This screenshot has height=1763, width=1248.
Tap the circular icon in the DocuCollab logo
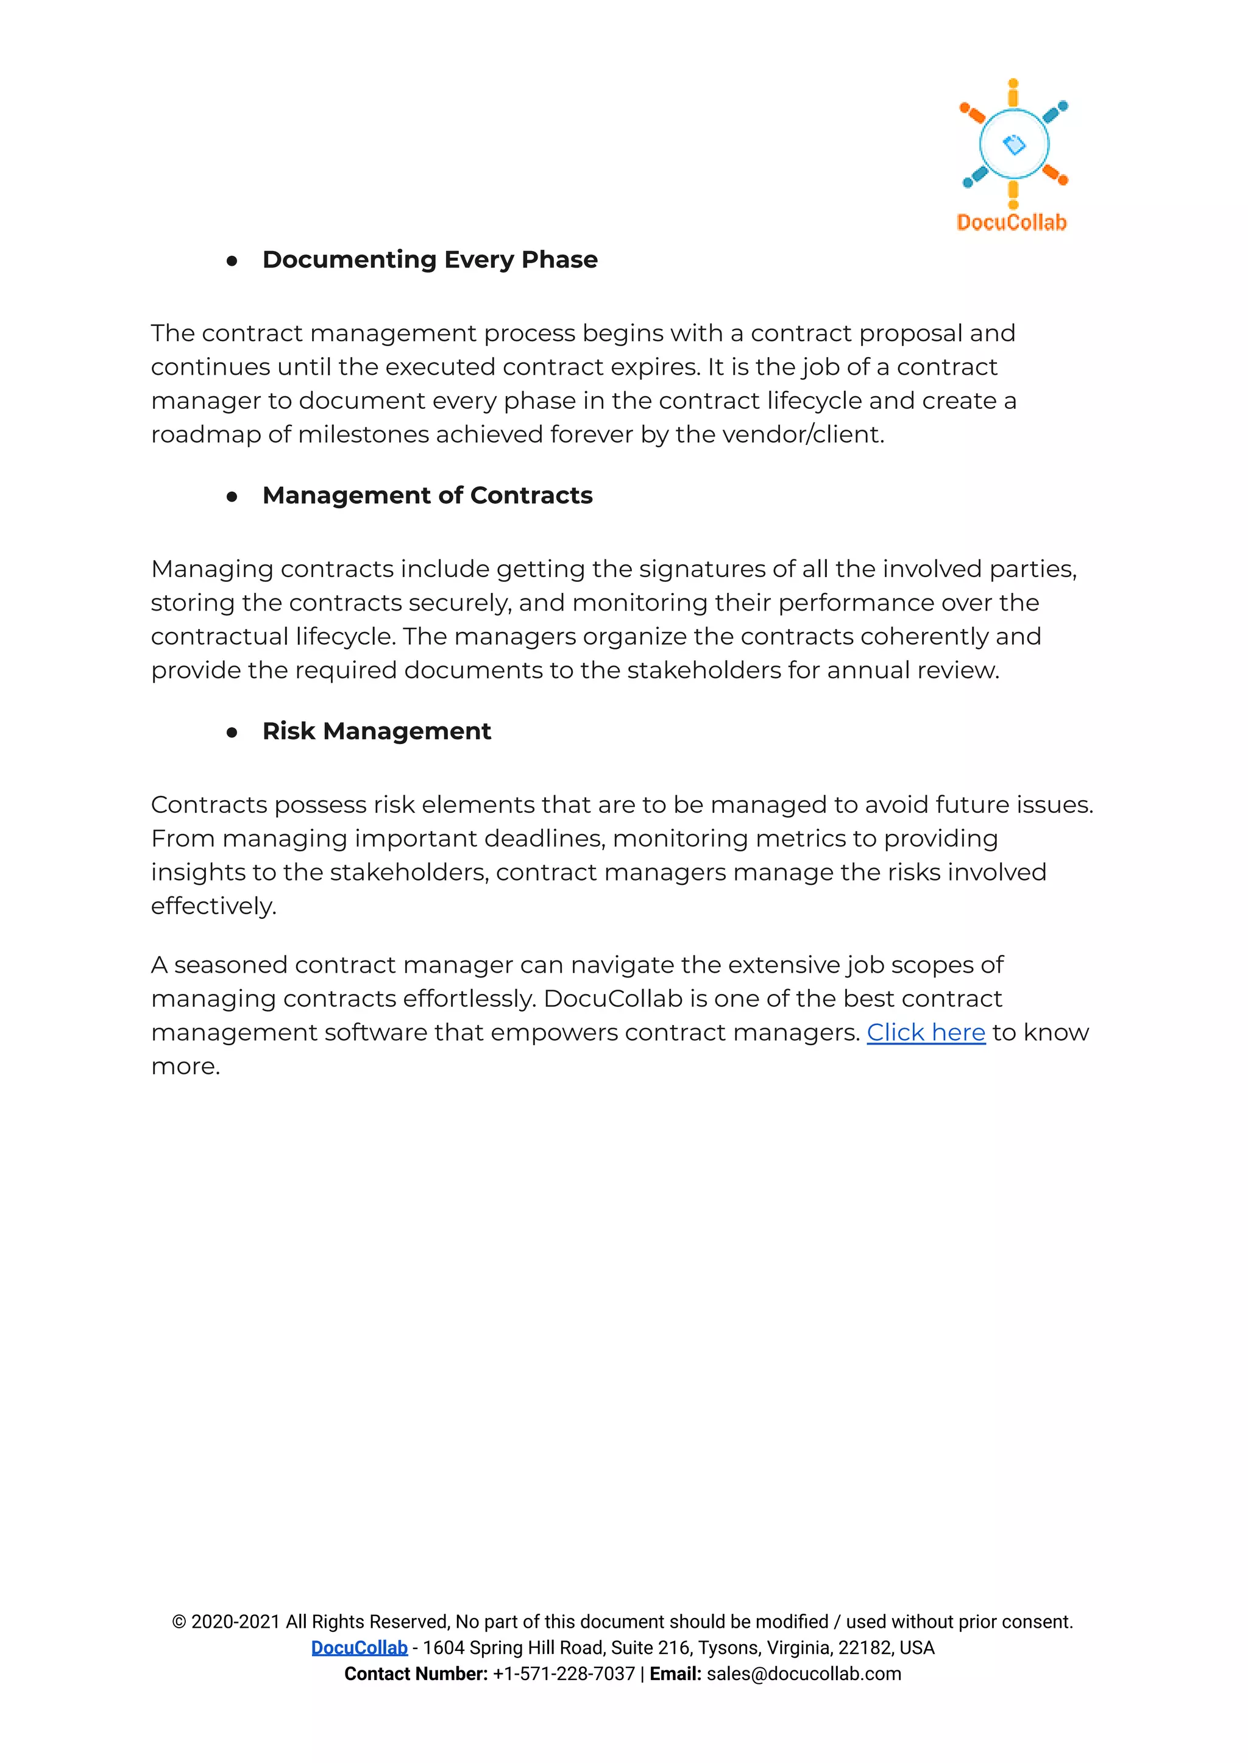click(1013, 144)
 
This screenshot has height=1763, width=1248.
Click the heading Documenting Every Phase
click(430, 260)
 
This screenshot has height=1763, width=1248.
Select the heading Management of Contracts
click(427, 495)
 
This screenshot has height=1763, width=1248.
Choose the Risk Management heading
click(377, 731)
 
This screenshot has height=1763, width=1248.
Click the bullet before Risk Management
click(232, 733)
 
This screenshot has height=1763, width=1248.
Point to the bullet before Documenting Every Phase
click(232, 261)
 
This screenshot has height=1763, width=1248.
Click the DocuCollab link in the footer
click(359, 1648)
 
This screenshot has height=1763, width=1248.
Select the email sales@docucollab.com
click(804, 1674)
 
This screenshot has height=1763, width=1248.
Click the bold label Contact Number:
click(416, 1674)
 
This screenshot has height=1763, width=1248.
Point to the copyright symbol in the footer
click(179, 1622)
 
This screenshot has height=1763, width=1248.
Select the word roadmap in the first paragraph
click(205, 435)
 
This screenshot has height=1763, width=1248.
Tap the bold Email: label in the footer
click(675, 1674)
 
